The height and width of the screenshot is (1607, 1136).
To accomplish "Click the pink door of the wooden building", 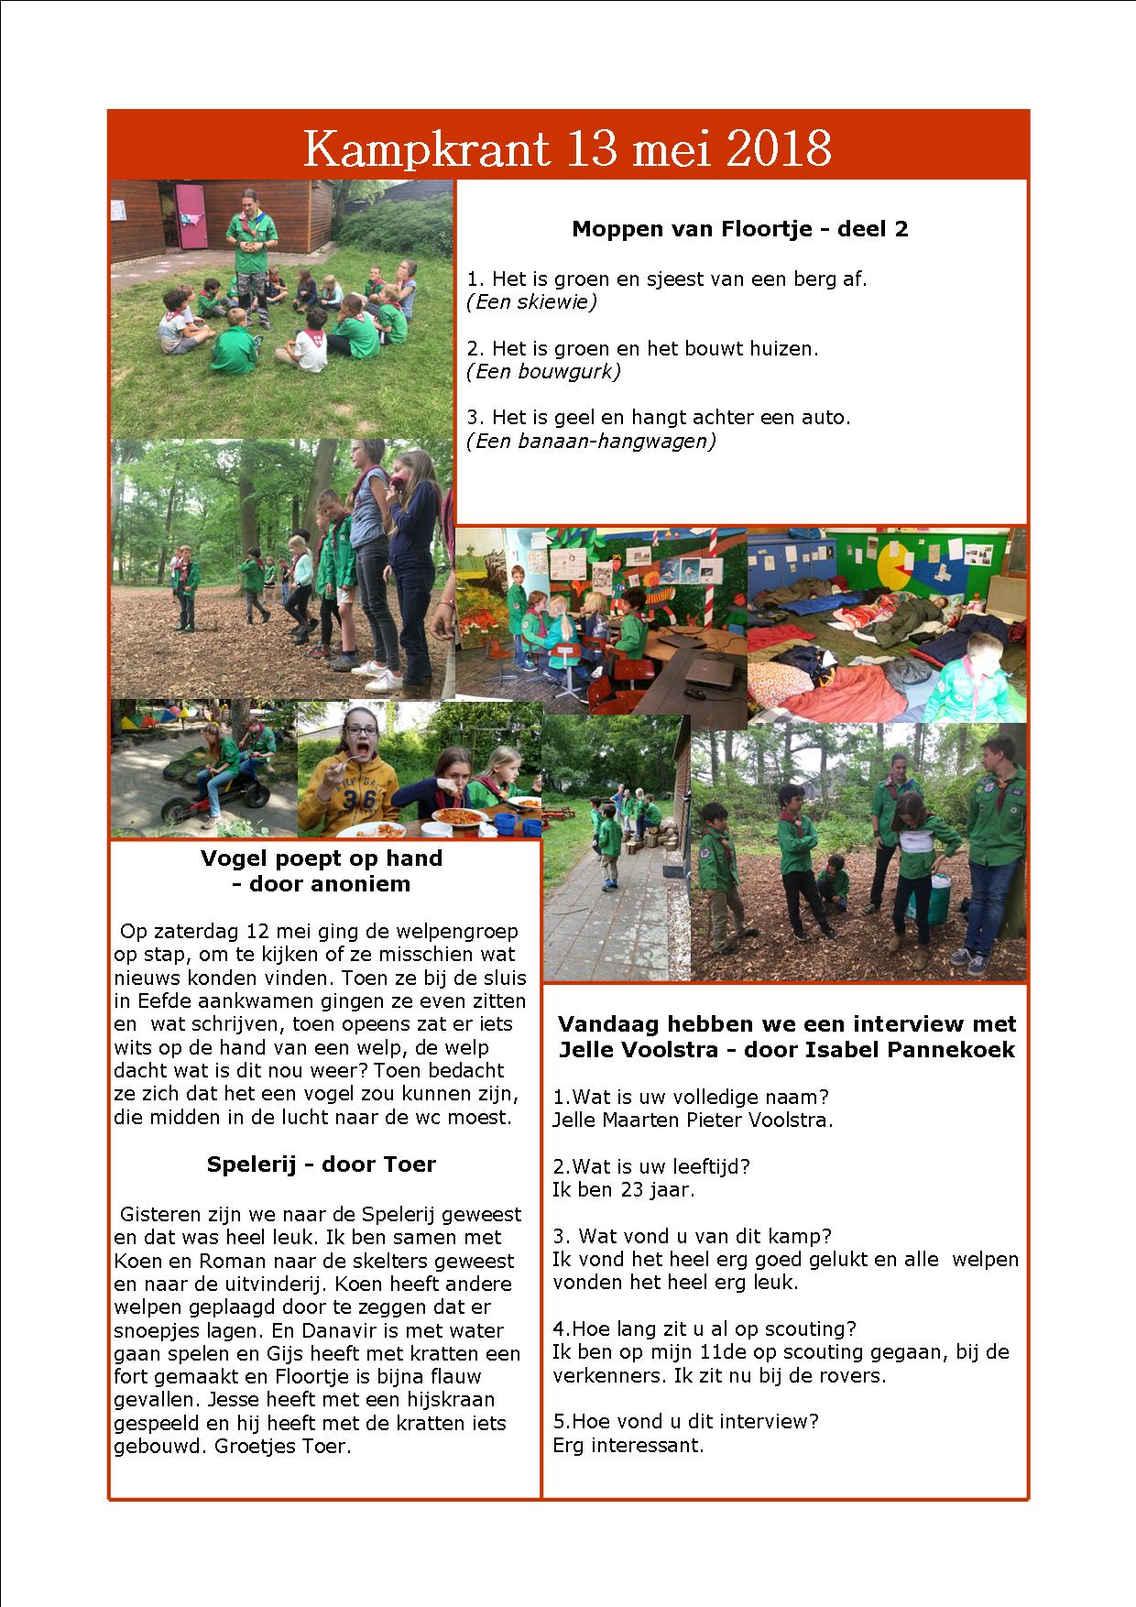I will click(x=191, y=214).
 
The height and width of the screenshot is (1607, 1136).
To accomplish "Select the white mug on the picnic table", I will click(x=437, y=830).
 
